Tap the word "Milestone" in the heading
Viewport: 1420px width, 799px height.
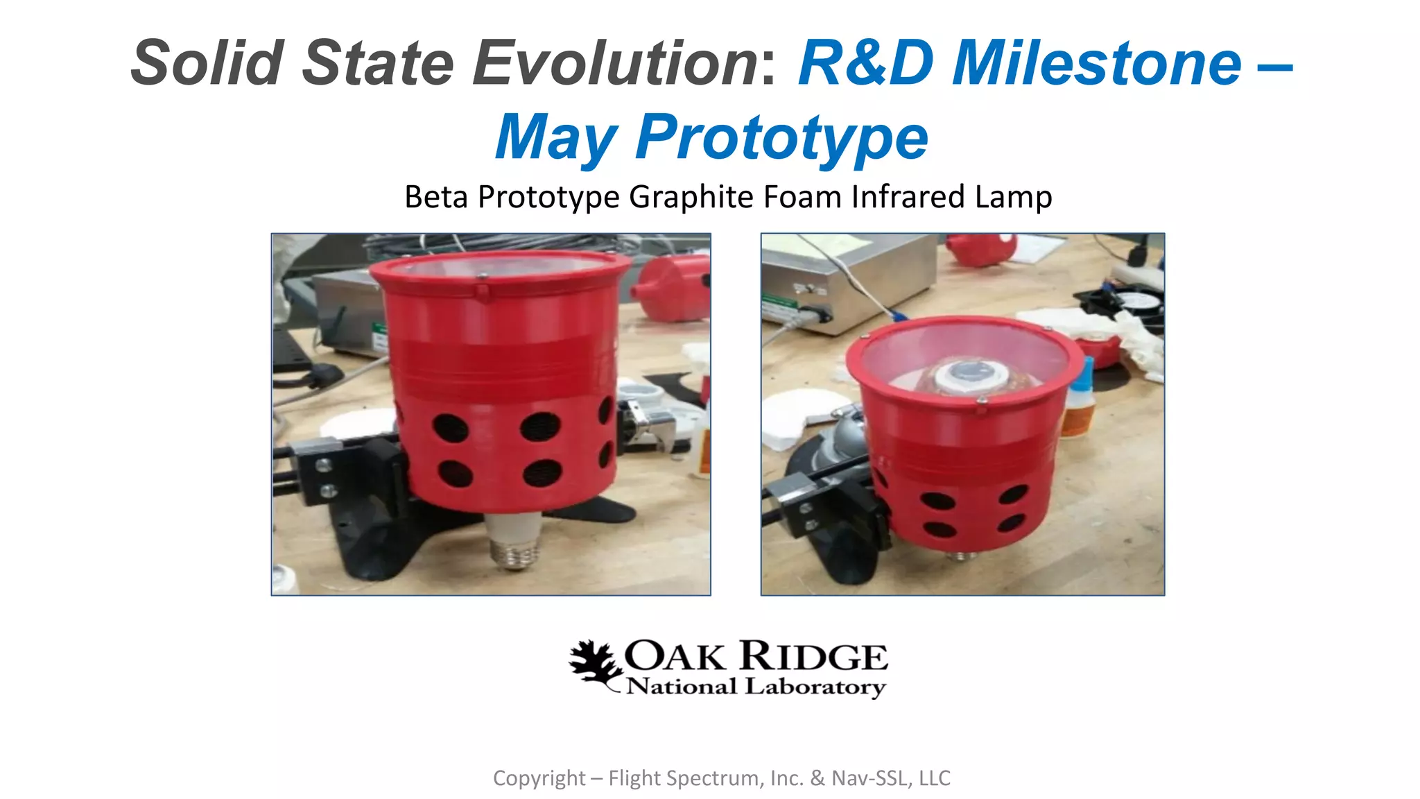(x=1096, y=62)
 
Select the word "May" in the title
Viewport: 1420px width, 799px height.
(x=556, y=137)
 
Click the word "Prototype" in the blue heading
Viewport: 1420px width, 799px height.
(x=781, y=137)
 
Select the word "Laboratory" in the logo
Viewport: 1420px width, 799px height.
(x=815, y=687)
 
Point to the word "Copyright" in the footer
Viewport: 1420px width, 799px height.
(x=539, y=778)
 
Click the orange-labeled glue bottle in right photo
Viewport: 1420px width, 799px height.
(x=1080, y=402)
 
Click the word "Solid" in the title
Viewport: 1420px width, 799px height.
(x=207, y=62)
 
